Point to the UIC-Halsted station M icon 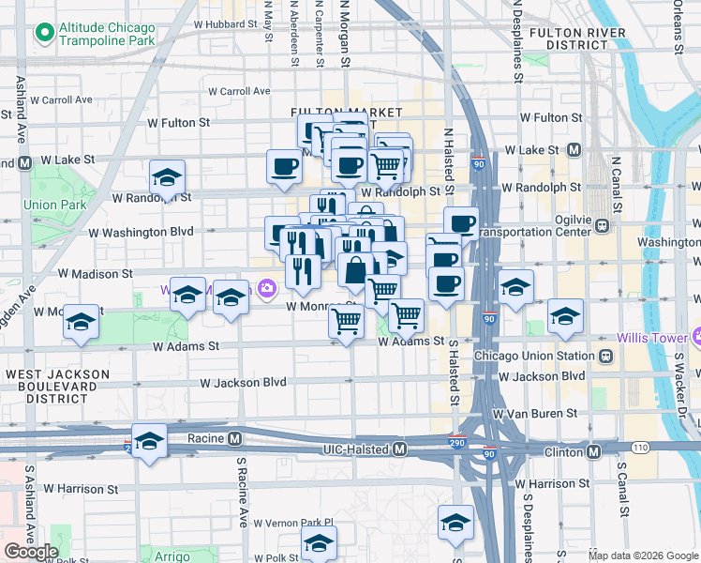click(x=400, y=449)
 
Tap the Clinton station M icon click(x=593, y=451)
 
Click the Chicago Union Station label click(x=533, y=356)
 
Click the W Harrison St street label click(x=78, y=489)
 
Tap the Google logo click(x=31, y=552)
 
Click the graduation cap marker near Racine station click(x=149, y=441)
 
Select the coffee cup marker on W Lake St click(x=284, y=166)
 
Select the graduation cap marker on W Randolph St click(x=167, y=176)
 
